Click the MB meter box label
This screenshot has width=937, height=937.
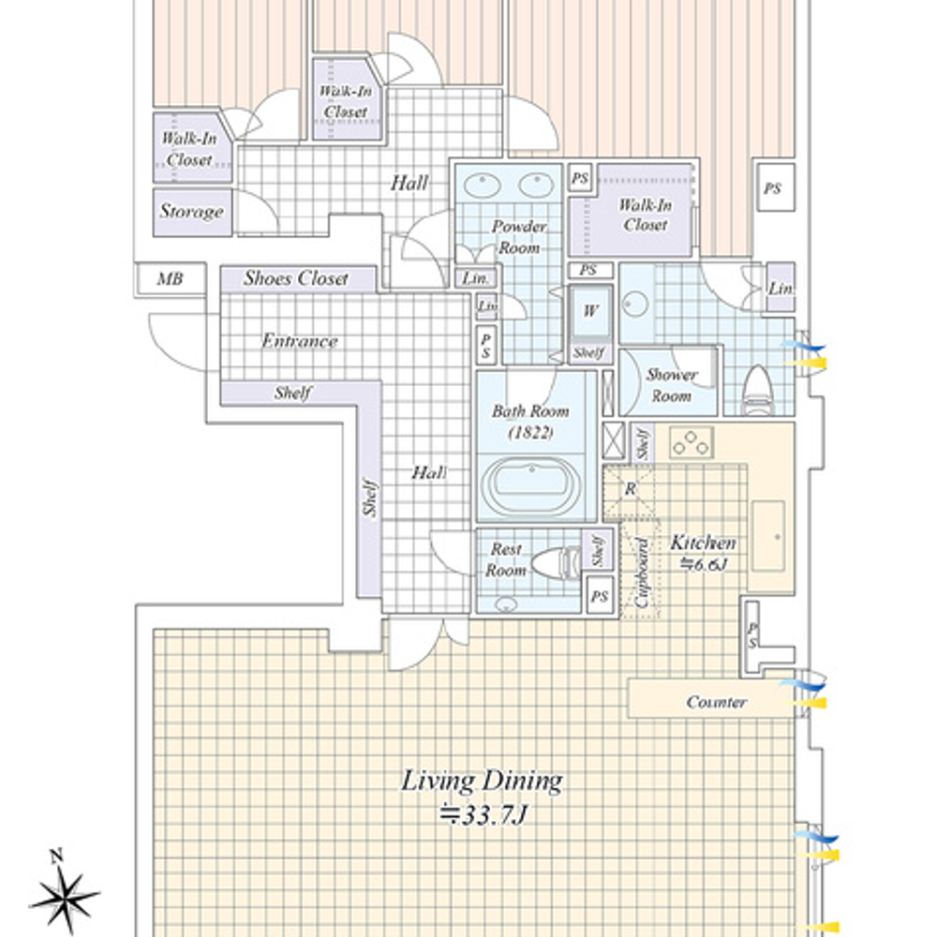click(x=170, y=279)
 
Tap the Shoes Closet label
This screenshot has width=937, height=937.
click(x=296, y=278)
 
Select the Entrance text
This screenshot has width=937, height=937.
click(x=300, y=341)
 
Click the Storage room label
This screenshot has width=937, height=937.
click(x=191, y=211)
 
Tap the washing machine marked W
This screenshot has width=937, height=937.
click(x=590, y=312)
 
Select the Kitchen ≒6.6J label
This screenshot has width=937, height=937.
click(x=703, y=553)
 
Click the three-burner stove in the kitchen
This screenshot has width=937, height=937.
click(x=692, y=443)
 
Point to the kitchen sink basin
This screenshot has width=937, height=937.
click(x=768, y=536)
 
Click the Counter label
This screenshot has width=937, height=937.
click(x=716, y=702)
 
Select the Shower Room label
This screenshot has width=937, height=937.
click(x=672, y=385)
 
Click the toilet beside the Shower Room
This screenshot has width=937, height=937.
click(x=757, y=390)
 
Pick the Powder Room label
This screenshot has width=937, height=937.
click(x=519, y=237)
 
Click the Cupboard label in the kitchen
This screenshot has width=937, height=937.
click(x=643, y=573)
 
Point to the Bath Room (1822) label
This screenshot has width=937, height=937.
click(x=530, y=422)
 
